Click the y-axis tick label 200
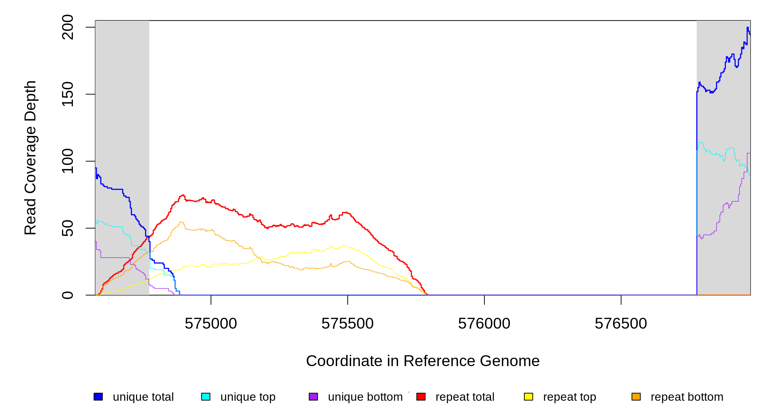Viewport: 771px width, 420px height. (x=67, y=27)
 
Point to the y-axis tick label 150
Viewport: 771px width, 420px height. (x=67, y=94)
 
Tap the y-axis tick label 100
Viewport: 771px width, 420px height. (x=67, y=161)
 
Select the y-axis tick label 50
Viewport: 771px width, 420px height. (x=67, y=228)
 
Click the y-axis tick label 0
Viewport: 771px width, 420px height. (x=67, y=295)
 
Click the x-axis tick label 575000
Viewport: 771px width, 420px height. (x=211, y=324)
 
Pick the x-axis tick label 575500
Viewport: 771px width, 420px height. (x=347, y=324)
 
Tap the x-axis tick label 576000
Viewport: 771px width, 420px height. (x=484, y=324)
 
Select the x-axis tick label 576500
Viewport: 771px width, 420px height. (x=621, y=324)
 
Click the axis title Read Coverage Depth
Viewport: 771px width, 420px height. (x=30, y=157)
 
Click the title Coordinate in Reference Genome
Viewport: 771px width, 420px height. (x=423, y=361)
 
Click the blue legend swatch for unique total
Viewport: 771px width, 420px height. (x=98, y=397)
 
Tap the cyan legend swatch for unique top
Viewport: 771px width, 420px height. (x=206, y=397)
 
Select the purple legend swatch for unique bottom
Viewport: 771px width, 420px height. (x=313, y=397)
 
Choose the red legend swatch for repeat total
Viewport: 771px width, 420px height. (x=421, y=397)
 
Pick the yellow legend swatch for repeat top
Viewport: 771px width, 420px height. (x=528, y=397)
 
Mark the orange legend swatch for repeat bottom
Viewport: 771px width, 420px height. (x=636, y=397)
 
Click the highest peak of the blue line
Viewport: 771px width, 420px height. (x=748, y=28)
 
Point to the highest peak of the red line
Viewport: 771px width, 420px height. (x=183, y=195)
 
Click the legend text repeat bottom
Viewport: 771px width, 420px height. (x=687, y=397)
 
